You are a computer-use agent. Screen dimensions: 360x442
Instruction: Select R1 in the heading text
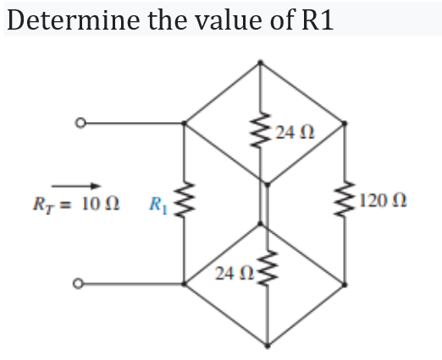(314, 19)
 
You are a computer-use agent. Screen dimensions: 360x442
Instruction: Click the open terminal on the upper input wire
(80, 125)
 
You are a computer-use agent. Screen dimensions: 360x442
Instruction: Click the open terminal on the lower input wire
(80, 282)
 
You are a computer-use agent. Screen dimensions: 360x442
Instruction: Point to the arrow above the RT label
(77, 185)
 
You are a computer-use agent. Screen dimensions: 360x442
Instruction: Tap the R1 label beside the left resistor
(157, 203)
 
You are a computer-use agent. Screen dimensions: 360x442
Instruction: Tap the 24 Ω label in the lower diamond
(231, 274)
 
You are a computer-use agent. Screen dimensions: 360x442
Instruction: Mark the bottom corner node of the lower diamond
(266, 346)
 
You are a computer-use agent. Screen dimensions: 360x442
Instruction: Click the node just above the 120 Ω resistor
(345, 125)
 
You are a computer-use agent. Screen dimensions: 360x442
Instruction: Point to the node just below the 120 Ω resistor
(345, 282)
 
